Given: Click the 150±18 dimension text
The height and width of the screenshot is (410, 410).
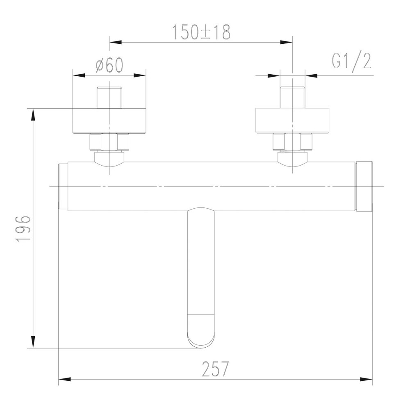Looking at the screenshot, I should (201, 32).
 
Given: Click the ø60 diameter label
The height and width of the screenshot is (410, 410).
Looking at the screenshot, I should (109, 65).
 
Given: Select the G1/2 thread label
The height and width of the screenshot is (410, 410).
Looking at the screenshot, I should (351, 61).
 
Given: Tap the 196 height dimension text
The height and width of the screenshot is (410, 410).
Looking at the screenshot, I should (23, 228).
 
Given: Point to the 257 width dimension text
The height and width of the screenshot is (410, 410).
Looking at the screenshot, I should (215, 369).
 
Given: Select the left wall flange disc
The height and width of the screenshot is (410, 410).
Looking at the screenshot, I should (109, 121).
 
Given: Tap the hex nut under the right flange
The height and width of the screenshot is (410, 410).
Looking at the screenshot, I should (292, 143).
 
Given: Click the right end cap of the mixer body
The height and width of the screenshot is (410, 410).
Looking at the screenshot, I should (364, 187).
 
